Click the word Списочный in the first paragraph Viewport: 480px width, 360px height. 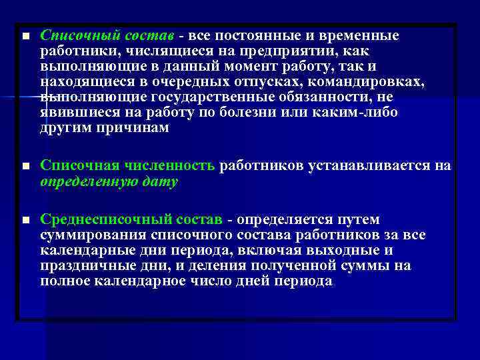click(73, 35)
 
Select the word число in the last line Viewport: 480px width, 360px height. click(223, 281)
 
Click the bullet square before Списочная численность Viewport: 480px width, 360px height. click(25, 166)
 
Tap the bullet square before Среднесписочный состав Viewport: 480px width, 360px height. click(25, 220)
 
